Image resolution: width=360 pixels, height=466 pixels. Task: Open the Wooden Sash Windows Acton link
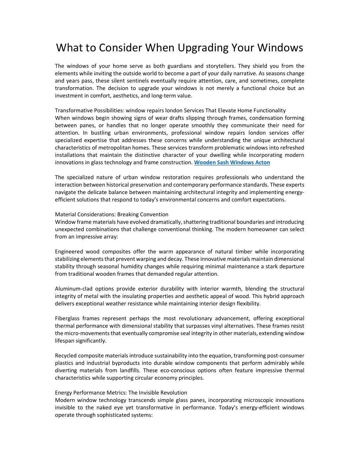click(232, 162)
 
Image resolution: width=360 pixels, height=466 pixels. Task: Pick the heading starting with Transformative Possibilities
click(170, 110)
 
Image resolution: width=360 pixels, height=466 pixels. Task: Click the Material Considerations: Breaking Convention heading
click(111, 215)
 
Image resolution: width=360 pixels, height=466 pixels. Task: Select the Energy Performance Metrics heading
click(121, 393)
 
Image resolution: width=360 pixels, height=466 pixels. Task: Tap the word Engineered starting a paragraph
click(69, 252)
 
